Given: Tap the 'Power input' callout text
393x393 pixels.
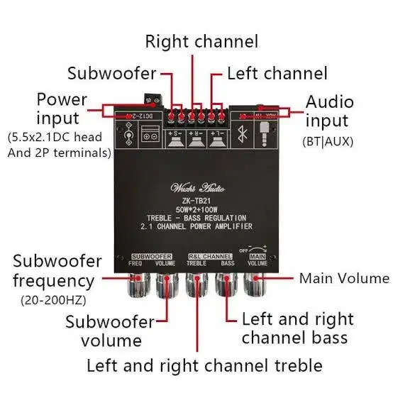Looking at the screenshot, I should [x=62, y=109].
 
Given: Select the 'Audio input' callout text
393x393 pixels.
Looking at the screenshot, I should [x=329, y=111].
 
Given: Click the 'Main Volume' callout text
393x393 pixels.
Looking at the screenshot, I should [x=344, y=278].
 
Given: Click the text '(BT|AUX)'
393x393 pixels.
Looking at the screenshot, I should [x=327, y=141].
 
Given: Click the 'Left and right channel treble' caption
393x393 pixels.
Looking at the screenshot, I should [x=204, y=366].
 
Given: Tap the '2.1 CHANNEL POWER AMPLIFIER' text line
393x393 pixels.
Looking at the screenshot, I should [x=197, y=227].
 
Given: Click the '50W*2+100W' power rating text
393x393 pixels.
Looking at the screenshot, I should [x=197, y=209].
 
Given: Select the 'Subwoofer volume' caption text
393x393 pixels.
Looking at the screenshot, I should [x=110, y=331].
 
